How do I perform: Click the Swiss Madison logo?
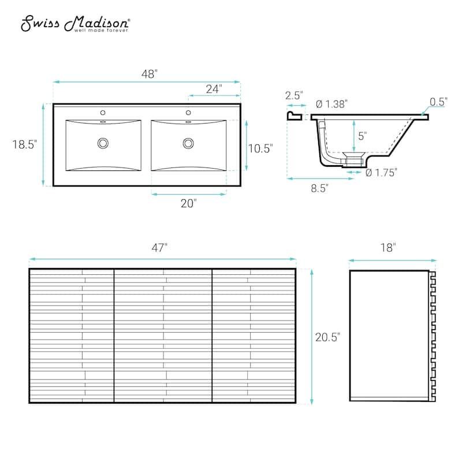coord(76,24)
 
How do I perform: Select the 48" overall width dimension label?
coord(150,74)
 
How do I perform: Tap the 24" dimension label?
coord(214,89)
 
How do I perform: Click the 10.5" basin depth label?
coord(260,148)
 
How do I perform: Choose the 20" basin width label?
coord(188,203)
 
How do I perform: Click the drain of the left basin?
coord(103,142)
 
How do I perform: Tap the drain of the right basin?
coord(188,142)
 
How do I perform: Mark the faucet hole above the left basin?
coord(103,113)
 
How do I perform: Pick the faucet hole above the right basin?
coord(188,113)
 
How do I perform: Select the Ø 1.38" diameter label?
coord(331,105)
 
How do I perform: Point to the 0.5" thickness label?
coord(438,102)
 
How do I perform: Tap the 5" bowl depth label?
coord(362,137)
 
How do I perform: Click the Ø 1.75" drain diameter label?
coord(381,172)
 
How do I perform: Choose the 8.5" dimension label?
coord(319,188)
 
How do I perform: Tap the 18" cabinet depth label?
coord(389,248)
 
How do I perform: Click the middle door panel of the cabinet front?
coord(163,336)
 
